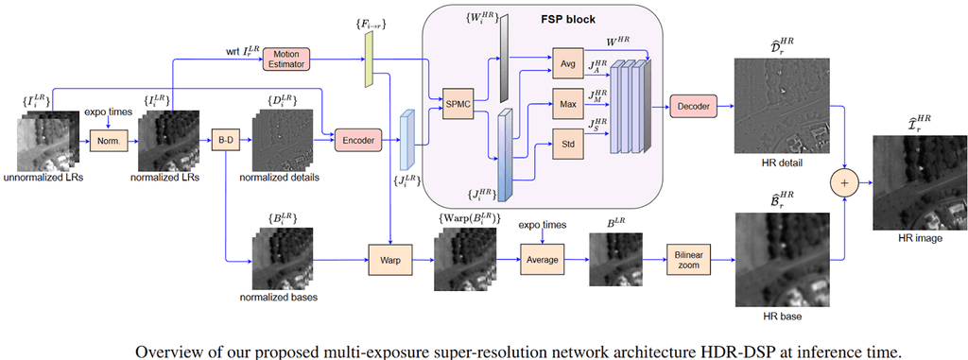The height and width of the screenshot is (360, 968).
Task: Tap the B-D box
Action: pos(224,141)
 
